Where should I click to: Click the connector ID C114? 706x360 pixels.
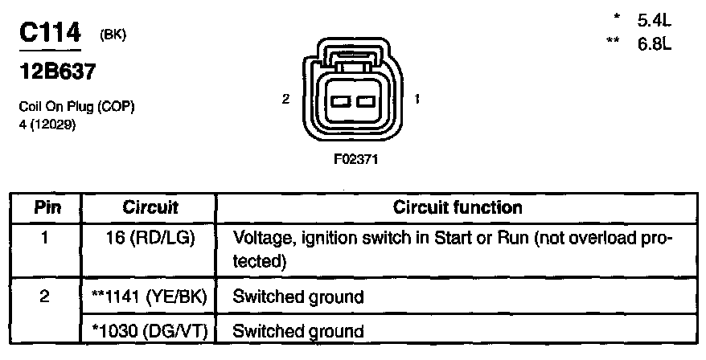pyautogui.click(x=50, y=33)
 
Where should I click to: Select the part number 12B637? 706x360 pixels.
pyautogui.click(x=56, y=72)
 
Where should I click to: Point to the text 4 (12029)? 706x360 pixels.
pyautogui.click(x=47, y=123)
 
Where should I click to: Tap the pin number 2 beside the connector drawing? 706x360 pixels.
pyautogui.click(x=286, y=100)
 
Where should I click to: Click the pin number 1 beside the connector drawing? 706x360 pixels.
pyautogui.click(x=417, y=100)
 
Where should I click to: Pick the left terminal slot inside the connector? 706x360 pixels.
pyautogui.click(x=339, y=101)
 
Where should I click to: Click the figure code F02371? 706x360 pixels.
pyautogui.click(x=355, y=159)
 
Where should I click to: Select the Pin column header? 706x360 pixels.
pyautogui.click(x=47, y=208)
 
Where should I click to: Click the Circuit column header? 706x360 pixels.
pyautogui.click(x=150, y=208)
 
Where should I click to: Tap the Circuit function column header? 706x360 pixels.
pyautogui.click(x=458, y=208)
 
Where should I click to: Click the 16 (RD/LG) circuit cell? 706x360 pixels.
pyautogui.click(x=150, y=239)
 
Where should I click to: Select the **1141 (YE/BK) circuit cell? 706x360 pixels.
pyautogui.click(x=150, y=297)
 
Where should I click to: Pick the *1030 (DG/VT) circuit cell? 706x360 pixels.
pyautogui.click(x=150, y=330)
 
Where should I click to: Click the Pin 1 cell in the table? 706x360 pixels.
pyautogui.click(x=47, y=239)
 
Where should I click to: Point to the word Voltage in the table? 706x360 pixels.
pyautogui.click(x=260, y=239)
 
